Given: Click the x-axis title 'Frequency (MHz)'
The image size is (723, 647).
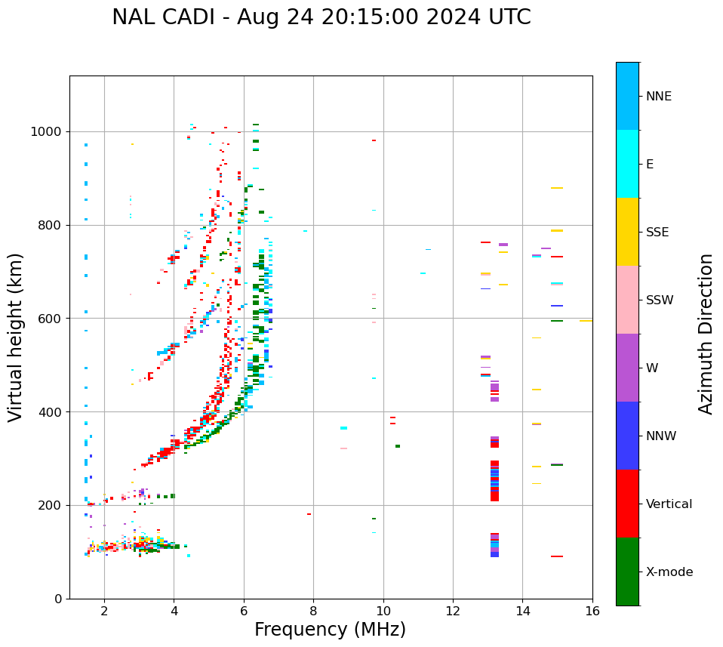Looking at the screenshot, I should click(330, 630).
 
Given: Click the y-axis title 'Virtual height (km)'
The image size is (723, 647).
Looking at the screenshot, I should click(16, 337).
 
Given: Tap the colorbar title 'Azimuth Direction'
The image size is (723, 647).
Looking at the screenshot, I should click(706, 334).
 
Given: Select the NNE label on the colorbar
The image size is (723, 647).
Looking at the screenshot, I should click(658, 97).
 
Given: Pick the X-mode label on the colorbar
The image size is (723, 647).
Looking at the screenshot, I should click(669, 572).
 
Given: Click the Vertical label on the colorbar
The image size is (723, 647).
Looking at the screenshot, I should click(669, 504).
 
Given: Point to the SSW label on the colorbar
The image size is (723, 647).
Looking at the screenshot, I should click(659, 300).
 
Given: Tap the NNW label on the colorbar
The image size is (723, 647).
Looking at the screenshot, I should click(660, 436).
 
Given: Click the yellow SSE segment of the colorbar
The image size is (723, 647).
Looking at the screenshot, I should click(627, 232).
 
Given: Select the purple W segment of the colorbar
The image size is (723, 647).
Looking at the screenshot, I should click(627, 368).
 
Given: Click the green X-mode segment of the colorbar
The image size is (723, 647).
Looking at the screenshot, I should click(627, 572).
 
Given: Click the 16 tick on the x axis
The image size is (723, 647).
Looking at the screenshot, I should click(592, 611).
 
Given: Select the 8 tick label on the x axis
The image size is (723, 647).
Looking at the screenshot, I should click(313, 611).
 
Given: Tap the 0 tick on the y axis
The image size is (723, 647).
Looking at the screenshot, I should click(58, 599).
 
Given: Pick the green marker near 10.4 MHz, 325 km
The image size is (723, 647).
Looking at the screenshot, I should click(398, 446).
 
